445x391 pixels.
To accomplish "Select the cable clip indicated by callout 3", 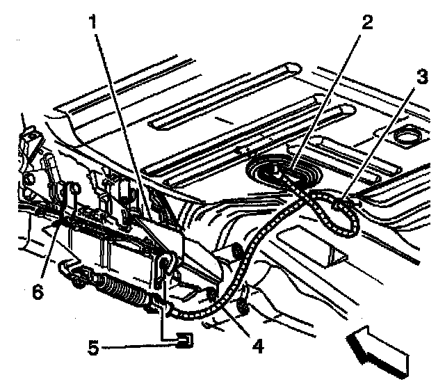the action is point(339,204).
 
